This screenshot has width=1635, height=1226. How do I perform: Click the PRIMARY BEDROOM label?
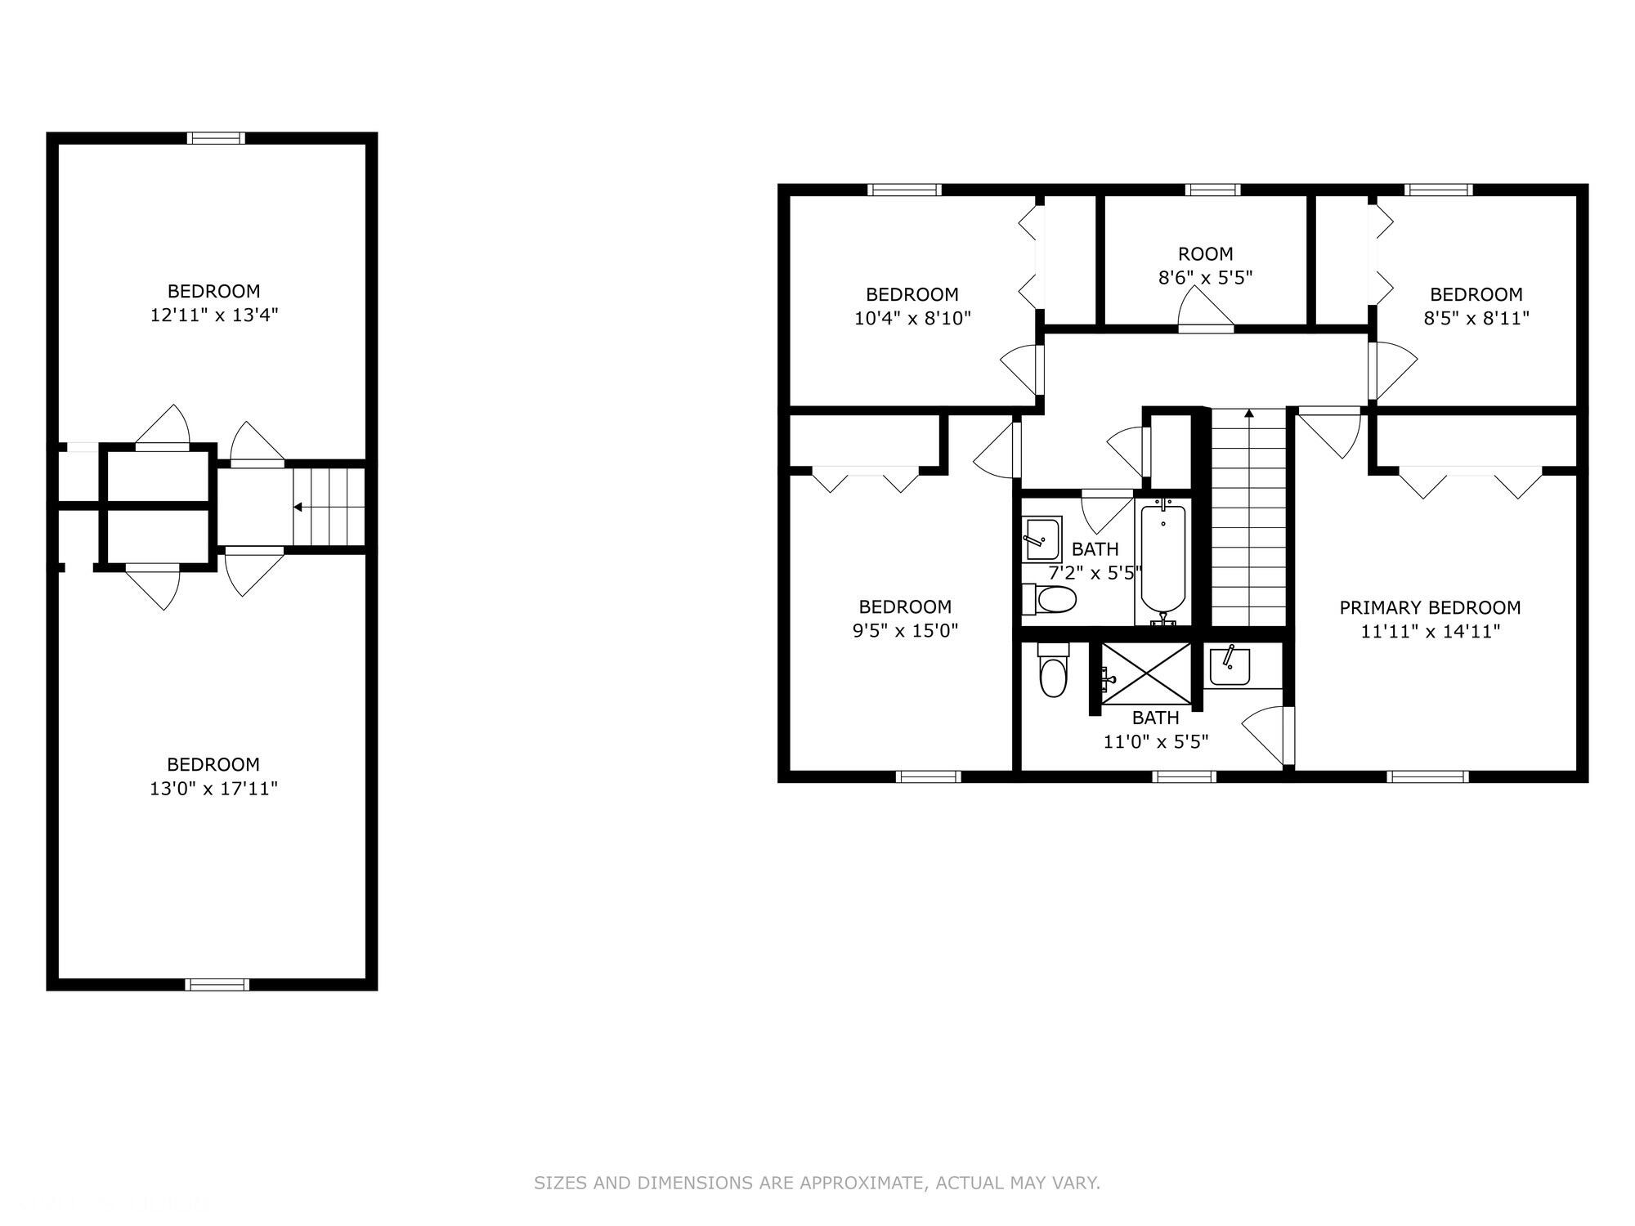(x=1430, y=607)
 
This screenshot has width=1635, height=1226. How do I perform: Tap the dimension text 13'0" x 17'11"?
(x=214, y=789)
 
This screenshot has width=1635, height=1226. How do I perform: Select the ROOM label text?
(x=1206, y=253)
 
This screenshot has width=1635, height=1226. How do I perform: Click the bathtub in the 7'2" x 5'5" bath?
(x=1162, y=562)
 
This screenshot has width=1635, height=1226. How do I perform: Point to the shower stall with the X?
(x=1147, y=671)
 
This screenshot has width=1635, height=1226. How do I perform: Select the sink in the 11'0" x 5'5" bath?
(x=1230, y=665)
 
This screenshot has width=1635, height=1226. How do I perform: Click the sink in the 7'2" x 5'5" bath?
(x=1042, y=539)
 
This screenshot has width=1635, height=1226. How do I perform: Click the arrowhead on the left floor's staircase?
(x=298, y=508)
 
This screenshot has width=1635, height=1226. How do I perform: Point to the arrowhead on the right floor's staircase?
(x=1248, y=414)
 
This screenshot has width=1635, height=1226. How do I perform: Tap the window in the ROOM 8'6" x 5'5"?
(x=1213, y=190)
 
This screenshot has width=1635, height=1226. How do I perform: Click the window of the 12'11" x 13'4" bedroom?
(x=216, y=138)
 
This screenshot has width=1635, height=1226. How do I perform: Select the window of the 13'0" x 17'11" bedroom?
(x=217, y=985)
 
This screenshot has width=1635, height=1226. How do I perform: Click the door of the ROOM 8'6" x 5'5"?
(x=1206, y=311)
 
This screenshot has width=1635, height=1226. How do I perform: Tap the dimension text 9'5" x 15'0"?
(x=905, y=630)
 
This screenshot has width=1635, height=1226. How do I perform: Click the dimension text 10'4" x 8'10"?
(x=912, y=318)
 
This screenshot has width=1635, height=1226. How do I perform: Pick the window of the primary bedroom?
(x=1427, y=776)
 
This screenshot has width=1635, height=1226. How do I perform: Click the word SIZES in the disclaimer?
(x=561, y=1183)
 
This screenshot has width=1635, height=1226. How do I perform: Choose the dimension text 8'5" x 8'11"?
(x=1476, y=318)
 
